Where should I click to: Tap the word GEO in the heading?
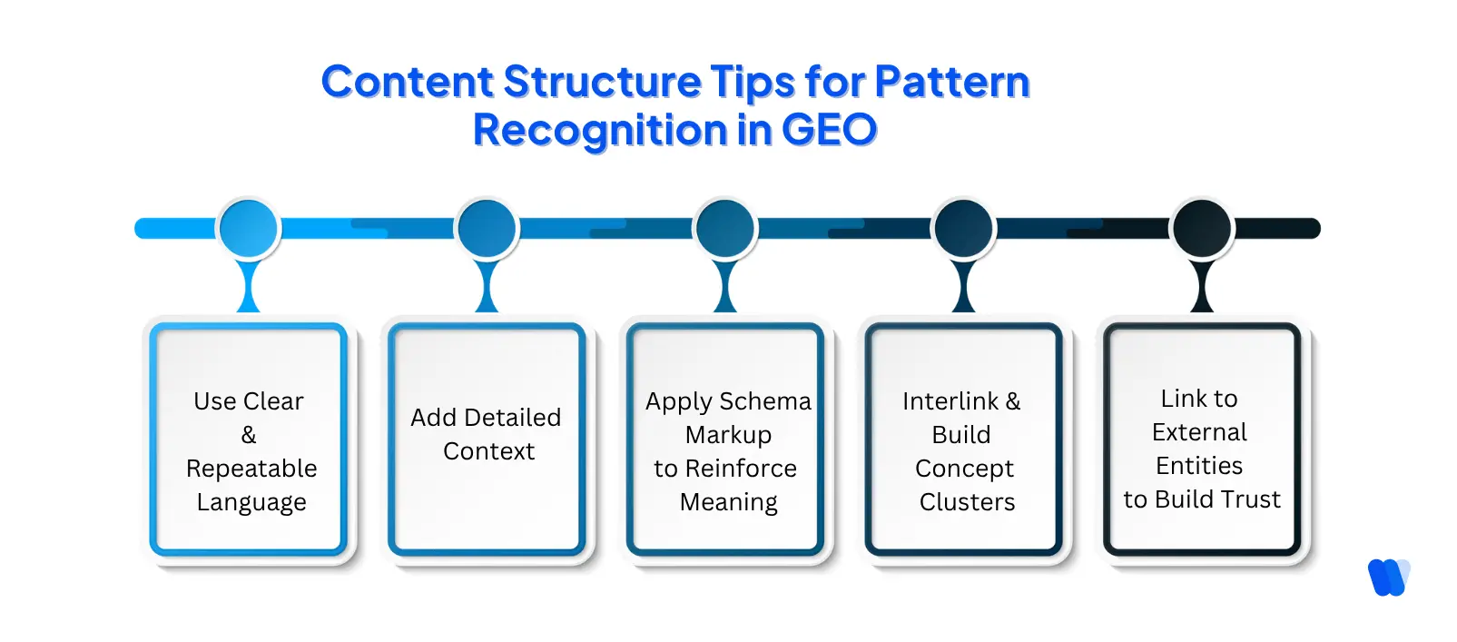coord(829,130)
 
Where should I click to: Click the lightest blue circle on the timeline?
coord(248,229)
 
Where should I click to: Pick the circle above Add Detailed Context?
coord(487,229)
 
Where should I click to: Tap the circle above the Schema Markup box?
coord(725,229)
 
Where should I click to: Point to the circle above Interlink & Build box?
coord(963,229)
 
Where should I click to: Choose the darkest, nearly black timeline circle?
coord(1202,229)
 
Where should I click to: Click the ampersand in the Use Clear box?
coord(249,435)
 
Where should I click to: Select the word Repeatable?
coord(251,469)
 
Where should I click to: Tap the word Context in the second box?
coord(488,451)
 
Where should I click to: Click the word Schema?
coord(764,401)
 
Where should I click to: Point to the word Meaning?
coord(728,502)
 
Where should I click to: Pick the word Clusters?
coord(967,502)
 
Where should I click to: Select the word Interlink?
coord(950,401)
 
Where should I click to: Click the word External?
coord(1199,432)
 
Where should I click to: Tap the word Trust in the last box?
coord(1250,499)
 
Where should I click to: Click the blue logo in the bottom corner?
coord(1388,577)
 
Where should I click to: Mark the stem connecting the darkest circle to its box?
coord(1202,289)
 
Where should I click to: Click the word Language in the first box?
coord(251,502)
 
